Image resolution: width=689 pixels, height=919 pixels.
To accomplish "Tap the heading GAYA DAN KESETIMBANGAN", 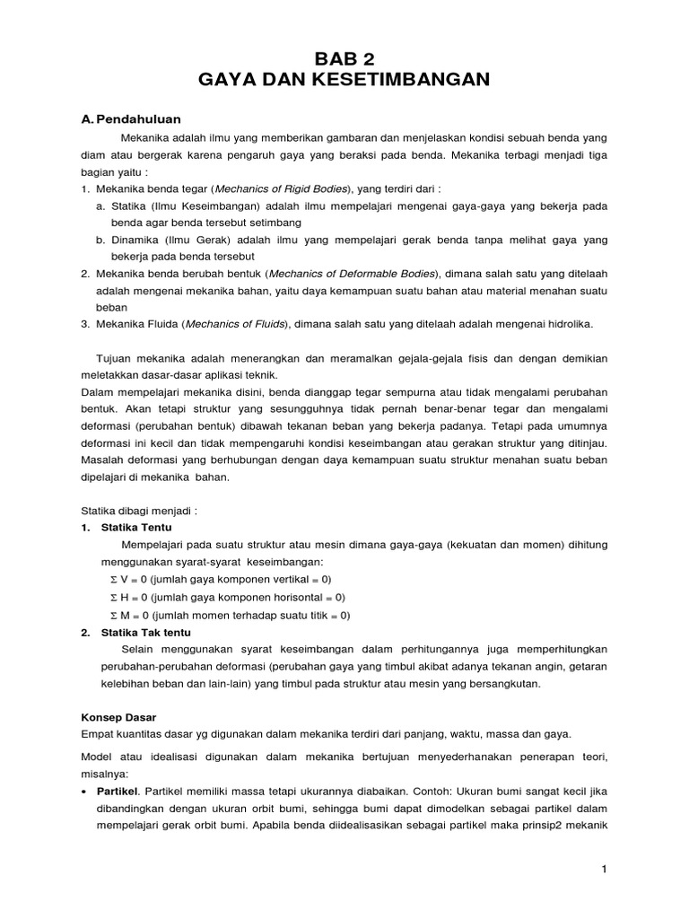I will coord(344,80).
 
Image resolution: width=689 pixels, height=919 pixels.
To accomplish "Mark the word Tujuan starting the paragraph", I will coord(117,358).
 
